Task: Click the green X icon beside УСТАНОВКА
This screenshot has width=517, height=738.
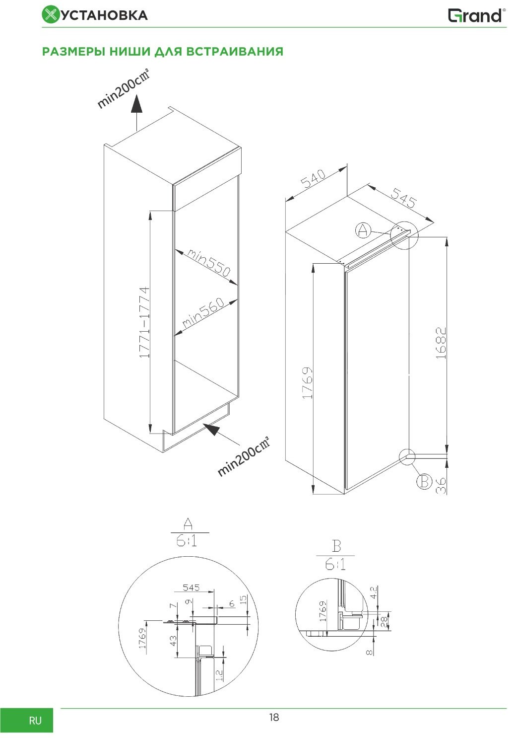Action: (50, 15)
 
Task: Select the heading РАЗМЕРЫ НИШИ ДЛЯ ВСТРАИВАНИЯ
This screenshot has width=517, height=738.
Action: (163, 51)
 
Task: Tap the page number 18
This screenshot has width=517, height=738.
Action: (274, 717)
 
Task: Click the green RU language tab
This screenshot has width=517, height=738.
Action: (26, 720)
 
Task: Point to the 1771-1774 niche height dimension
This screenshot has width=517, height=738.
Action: (144, 322)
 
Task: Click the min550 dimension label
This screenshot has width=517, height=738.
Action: (209, 262)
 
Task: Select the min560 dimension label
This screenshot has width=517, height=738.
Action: (203, 312)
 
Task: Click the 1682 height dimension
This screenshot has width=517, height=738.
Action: (441, 343)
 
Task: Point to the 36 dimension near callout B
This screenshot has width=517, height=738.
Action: (441, 486)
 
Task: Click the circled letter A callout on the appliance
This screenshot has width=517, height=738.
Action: (363, 230)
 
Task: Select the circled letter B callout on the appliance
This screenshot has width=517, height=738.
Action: (424, 482)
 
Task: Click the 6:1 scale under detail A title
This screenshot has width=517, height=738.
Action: (187, 541)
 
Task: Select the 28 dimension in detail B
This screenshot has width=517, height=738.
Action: (384, 621)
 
